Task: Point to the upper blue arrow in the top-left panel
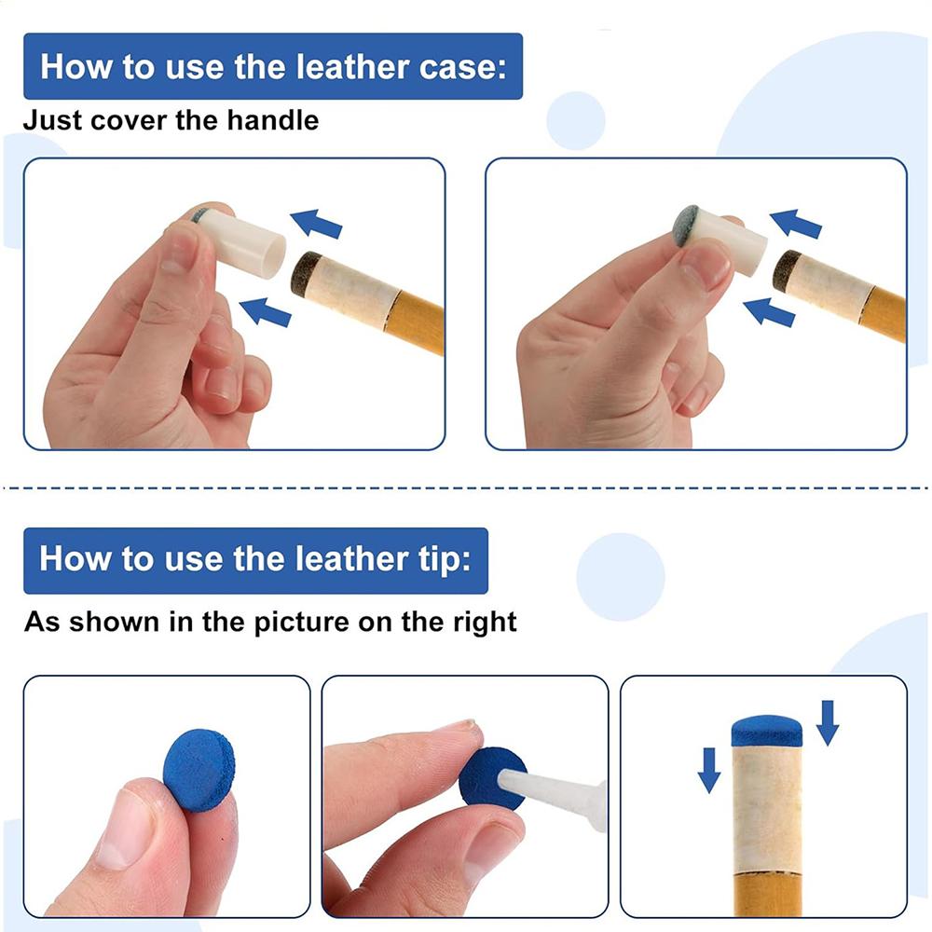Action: tap(316, 223)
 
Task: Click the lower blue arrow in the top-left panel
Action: tap(265, 311)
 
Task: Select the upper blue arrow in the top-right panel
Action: tap(795, 223)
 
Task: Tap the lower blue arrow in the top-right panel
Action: tap(769, 311)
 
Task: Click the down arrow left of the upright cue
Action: tap(709, 770)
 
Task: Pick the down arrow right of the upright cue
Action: tap(828, 722)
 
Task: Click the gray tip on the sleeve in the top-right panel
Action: tap(687, 226)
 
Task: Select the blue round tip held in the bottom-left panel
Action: tap(199, 770)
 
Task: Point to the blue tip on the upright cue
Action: tap(767, 731)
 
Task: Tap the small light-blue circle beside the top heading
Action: tap(575, 120)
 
